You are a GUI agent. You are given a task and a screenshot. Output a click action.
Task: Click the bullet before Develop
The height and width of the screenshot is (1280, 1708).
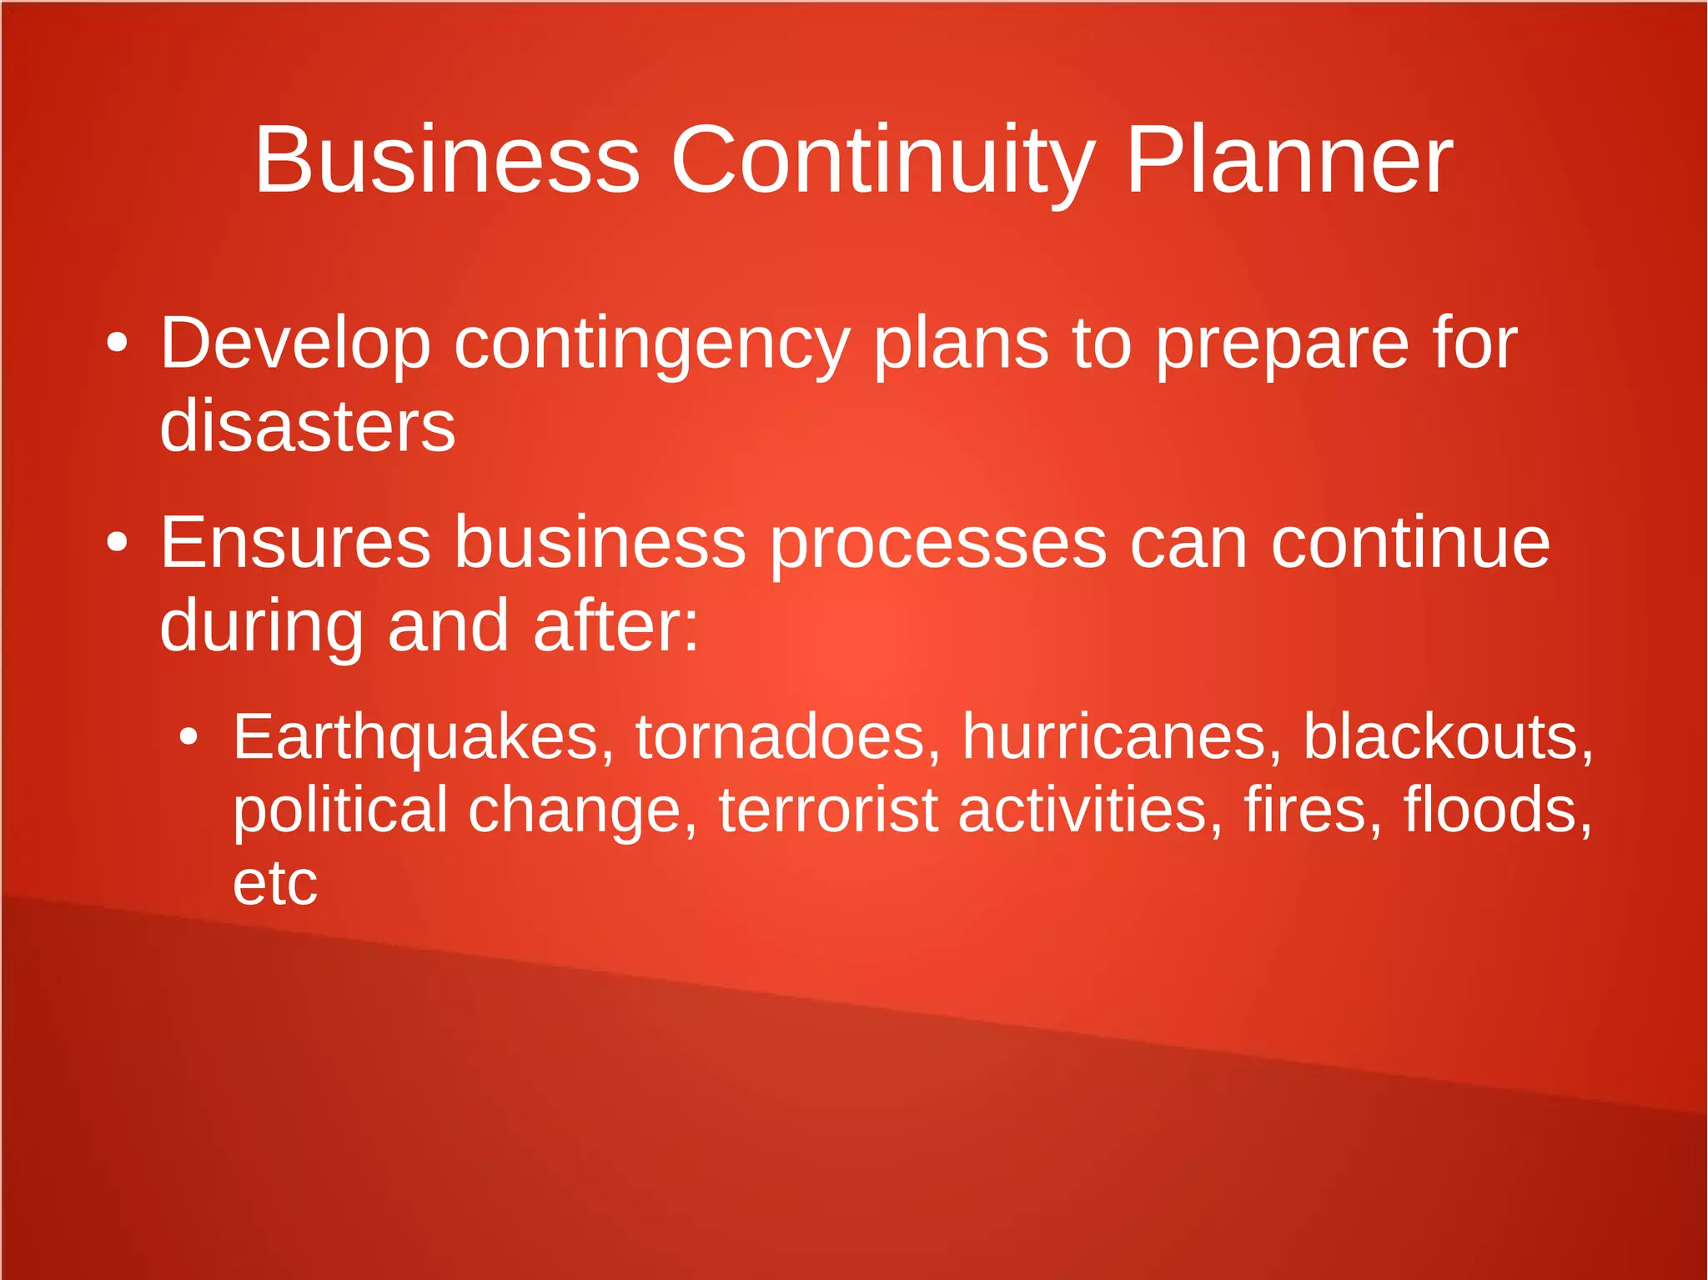point(118,343)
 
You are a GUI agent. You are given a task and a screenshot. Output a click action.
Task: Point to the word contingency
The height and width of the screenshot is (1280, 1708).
point(651,345)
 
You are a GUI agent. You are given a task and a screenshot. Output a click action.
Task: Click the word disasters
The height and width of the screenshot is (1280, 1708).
point(308,426)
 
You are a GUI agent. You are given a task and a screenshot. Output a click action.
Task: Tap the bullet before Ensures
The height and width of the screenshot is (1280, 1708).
point(118,543)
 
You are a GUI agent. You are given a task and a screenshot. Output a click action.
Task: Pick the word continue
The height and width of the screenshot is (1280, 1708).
point(1410,543)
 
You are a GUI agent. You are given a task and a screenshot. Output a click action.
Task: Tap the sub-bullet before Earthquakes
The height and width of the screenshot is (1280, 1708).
point(189,736)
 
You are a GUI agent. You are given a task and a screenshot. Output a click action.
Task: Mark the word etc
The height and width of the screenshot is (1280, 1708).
point(275,883)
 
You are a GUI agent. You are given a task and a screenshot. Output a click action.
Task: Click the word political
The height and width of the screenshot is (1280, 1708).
point(340,811)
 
